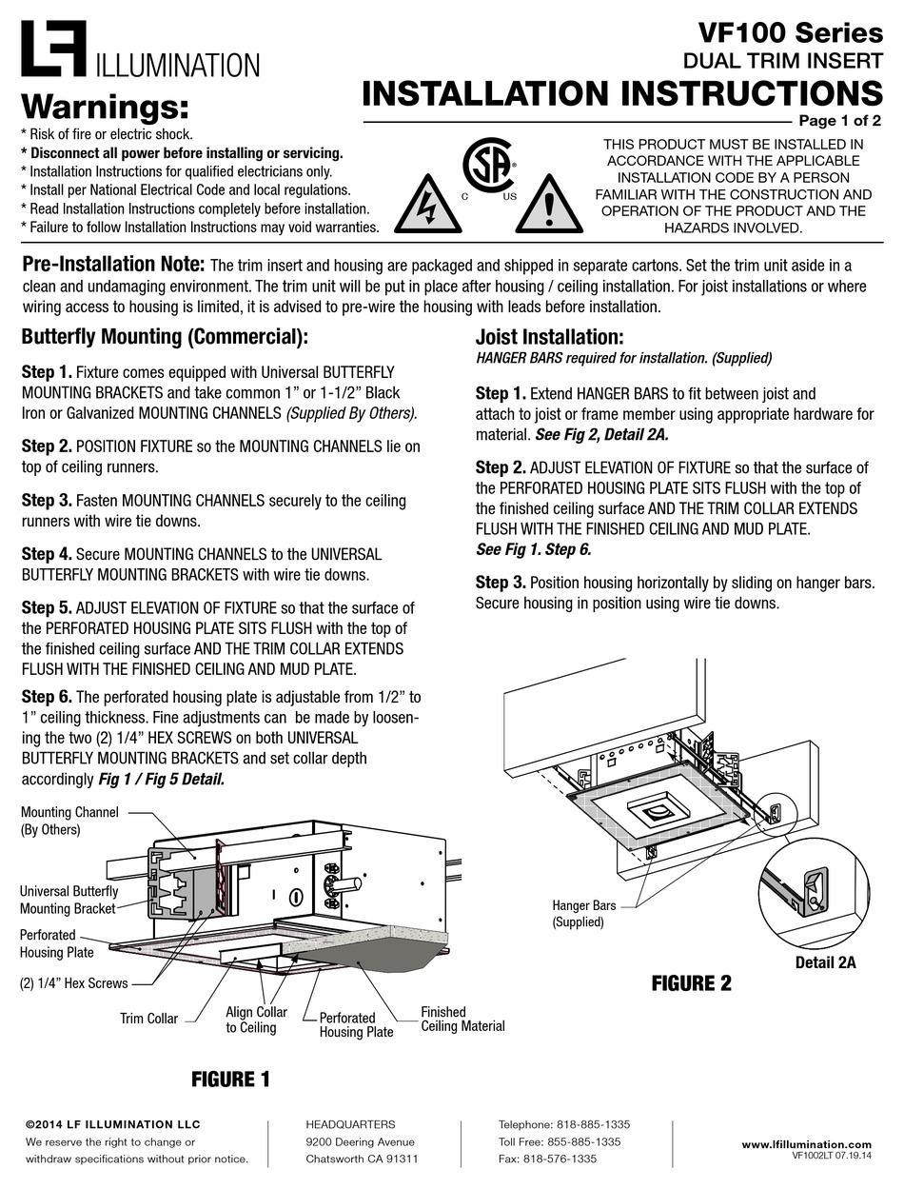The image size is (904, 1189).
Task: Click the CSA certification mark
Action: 487,168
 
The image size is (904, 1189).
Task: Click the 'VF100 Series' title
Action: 790,33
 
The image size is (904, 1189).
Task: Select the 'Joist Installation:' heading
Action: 549,338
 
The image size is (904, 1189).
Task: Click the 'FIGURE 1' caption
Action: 230,1080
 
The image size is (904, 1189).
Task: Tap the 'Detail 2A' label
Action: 825,962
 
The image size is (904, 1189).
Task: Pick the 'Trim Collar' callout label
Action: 148,1019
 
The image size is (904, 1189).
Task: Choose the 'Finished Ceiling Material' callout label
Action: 462,1019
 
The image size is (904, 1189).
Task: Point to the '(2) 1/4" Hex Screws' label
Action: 74,983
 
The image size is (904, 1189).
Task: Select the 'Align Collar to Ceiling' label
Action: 256,1020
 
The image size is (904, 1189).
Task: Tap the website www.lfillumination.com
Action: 806,1144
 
